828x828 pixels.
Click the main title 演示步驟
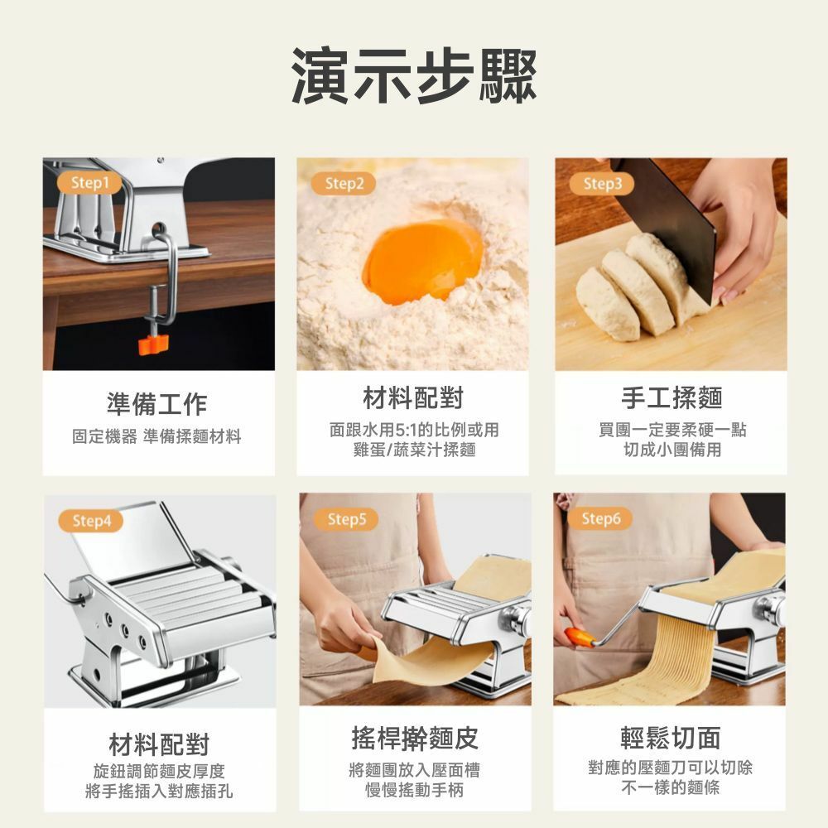coord(414,75)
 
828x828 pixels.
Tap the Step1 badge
coord(90,183)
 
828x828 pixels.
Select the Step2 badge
coord(344,183)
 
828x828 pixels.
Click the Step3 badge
coord(602,184)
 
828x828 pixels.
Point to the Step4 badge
coord(91,521)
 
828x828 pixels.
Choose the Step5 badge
coord(346,519)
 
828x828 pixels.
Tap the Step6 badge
coord(600,518)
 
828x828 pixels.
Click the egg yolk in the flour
coord(422,262)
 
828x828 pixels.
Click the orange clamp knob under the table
coord(154,344)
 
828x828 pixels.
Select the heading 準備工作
coord(156,404)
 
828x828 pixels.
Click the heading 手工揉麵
coord(672,397)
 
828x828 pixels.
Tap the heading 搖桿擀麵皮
coord(415,738)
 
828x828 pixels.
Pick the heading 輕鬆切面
coord(671,738)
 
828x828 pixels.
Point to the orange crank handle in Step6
coord(579,638)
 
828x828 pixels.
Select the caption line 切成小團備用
coord(672,450)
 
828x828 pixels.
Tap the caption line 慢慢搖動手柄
coord(415,790)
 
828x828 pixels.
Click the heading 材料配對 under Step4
coord(159,744)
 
